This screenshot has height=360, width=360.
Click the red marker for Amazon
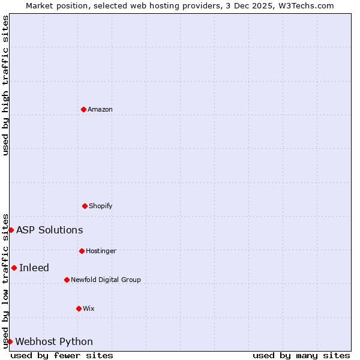click(x=83, y=109)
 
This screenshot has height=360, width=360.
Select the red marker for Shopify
click(x=85, y=206)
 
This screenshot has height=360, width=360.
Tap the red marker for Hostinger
click(x=82, y=251)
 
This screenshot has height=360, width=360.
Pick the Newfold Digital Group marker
click(x=67, y=280)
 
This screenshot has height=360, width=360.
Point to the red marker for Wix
click(x=79, y=308)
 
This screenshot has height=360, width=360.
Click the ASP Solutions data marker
click(x=11, y=230)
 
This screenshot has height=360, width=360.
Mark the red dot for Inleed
click(x=14, y=268)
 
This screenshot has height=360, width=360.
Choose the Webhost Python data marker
click(x=10, y=341)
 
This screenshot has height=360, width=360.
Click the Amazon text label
click(x=100, y=109)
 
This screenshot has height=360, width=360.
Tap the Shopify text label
click(x=101, y=206)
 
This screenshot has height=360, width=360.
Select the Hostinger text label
click(x=101, y=251)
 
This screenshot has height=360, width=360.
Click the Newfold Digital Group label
click(x=106, y=280)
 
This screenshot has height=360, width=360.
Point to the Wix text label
click(x=89, y=308)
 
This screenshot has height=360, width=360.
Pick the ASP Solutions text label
click(x=49, y=230)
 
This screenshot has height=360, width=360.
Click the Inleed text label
click(x=34, y=268)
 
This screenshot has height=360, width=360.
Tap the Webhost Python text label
click(x=54, y=341)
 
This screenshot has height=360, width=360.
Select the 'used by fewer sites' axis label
click(x=62, y=355)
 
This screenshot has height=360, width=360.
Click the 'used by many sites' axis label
click(x=301, y=355)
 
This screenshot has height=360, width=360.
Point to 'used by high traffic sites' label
click(x=5, y=85)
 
